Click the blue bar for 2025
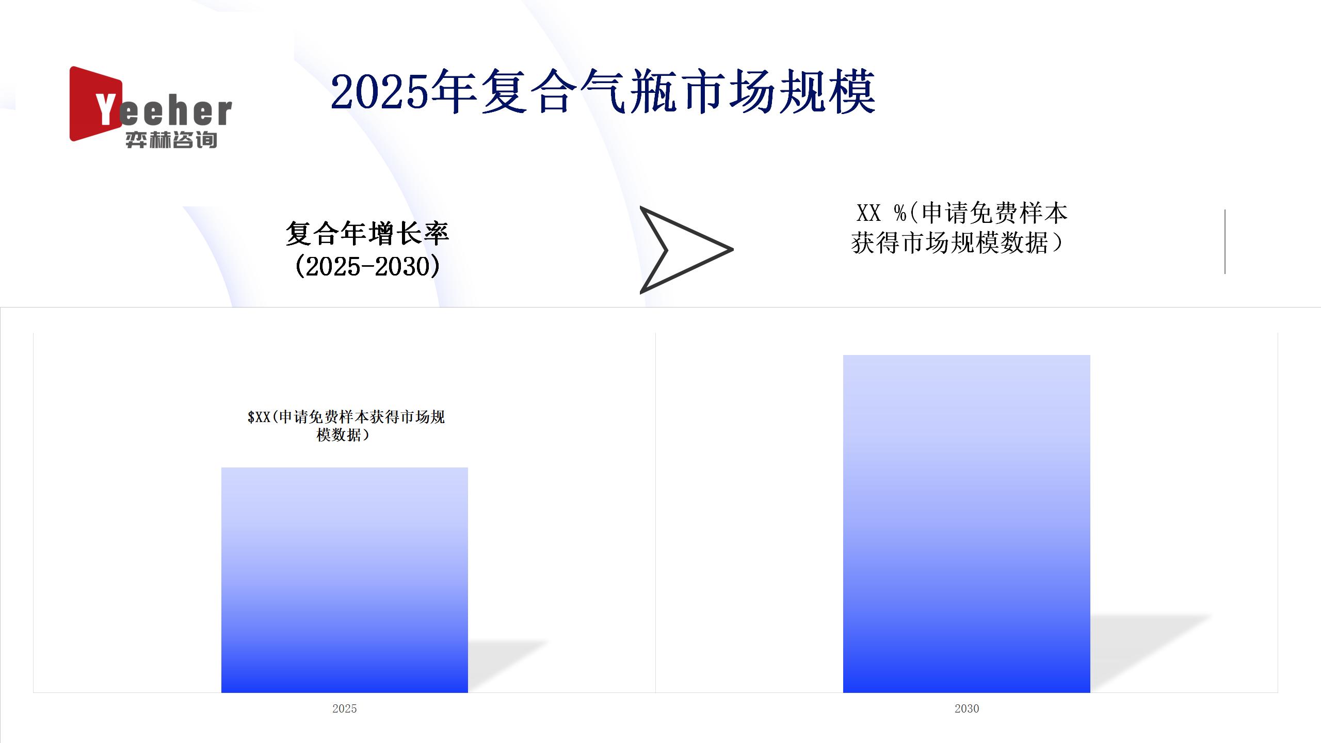click(345, 580)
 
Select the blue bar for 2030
click(966, 524)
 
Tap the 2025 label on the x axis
click(345, 708)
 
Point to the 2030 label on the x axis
click(966, 708)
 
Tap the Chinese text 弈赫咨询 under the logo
click(171, 140)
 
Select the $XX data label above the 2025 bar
click(346, 426)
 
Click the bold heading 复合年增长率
click(367, 233)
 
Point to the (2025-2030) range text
click(367, 266)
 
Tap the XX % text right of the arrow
click(881, 213)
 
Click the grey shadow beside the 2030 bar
click(1151, 653)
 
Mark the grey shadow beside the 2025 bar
click(508, 666)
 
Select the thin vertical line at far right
click(1225, 241)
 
